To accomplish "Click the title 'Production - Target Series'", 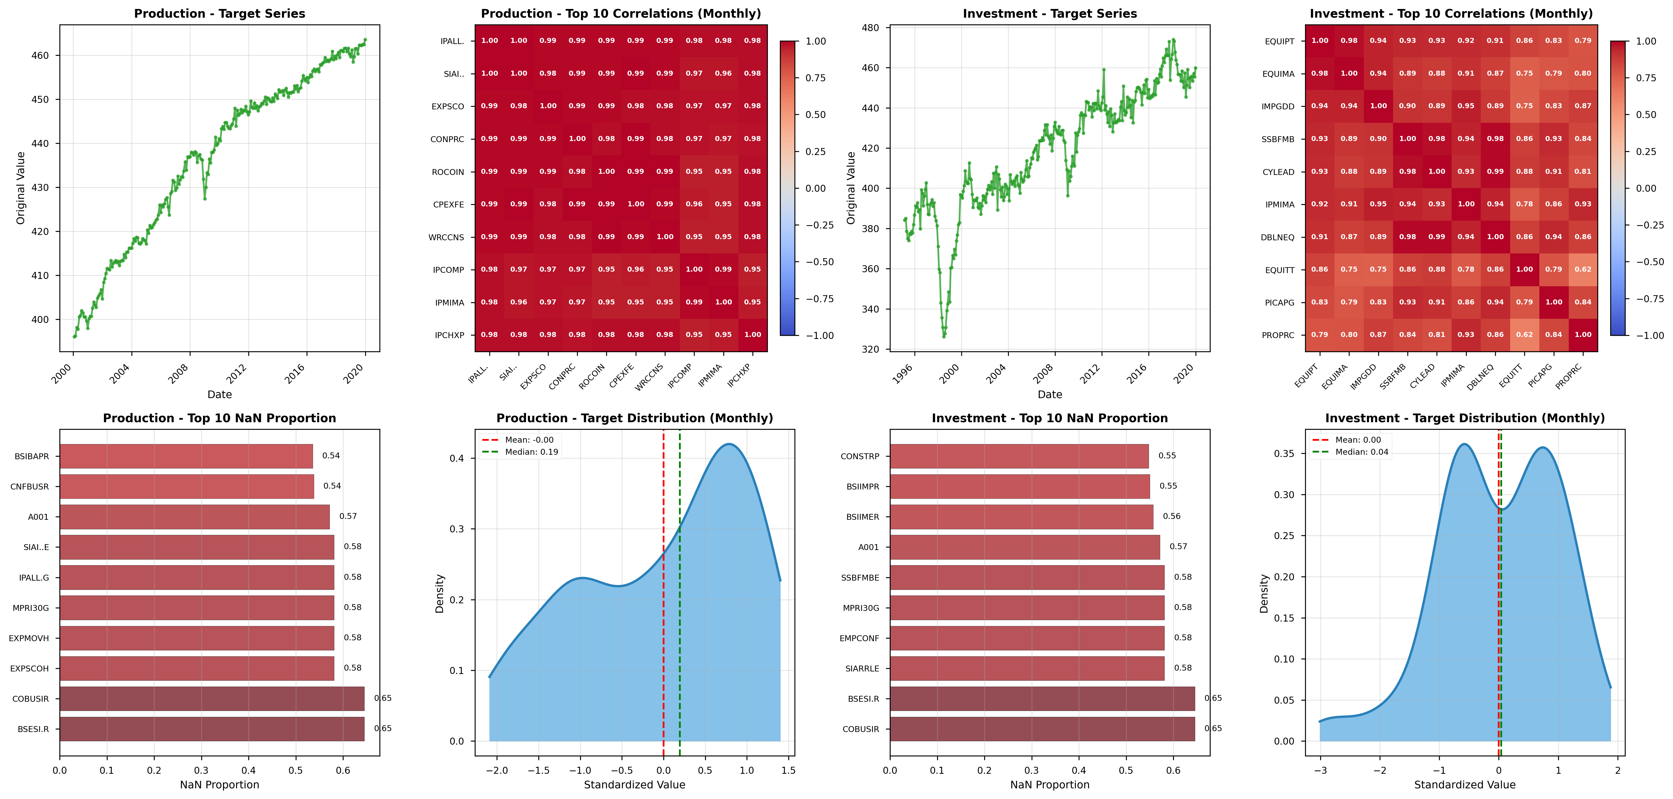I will (219, 14).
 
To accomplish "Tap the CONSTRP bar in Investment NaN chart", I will (1018, 456).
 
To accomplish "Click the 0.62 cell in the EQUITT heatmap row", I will (1583, 270).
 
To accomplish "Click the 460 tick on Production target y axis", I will (40, 56).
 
